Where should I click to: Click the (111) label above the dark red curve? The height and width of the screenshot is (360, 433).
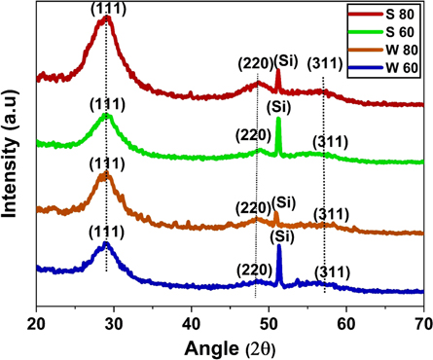tap(106, 8)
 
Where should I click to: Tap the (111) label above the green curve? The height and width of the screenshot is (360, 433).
tap(106, 103)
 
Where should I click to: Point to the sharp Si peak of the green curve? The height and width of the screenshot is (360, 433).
tap(278, 120)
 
